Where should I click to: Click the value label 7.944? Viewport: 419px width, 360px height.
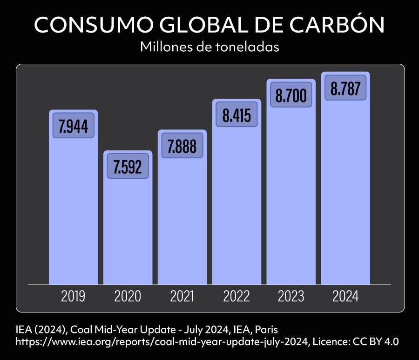[74, 126]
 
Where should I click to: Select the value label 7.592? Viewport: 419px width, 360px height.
[128, 166]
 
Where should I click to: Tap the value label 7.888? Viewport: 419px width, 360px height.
[182, 146]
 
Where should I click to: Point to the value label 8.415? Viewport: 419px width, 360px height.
[237, 115]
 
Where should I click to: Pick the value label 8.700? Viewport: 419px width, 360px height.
[291, 95]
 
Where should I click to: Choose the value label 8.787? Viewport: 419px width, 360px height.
[345, 88]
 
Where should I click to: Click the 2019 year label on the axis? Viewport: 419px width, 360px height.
[74, 296]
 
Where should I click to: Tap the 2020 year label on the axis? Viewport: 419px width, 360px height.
[128, 296]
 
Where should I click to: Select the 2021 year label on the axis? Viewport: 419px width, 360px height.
[182, 296]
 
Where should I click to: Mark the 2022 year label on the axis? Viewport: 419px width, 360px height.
[237, 296]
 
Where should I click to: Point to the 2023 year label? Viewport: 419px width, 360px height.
[291, 296]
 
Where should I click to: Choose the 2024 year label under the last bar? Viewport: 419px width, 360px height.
[345, 296]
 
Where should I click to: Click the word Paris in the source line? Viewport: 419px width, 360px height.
[266, 330]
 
